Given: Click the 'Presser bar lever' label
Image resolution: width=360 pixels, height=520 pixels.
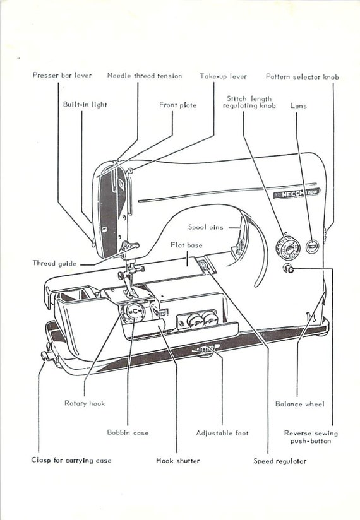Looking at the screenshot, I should [x=62, y=76].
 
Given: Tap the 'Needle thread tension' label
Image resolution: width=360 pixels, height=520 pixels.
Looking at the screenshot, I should [x=144, y=76].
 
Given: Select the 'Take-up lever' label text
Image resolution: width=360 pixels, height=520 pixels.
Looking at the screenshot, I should [x=223, y=76].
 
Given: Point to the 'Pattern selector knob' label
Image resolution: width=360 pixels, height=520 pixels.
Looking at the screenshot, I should [x=302, y=76].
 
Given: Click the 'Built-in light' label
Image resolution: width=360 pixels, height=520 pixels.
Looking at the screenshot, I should [x=85, y=105].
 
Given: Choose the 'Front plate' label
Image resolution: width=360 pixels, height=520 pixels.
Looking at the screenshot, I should [x=177, y=105].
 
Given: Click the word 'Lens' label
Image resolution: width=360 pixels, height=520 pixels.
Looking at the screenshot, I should [x=298, y=106].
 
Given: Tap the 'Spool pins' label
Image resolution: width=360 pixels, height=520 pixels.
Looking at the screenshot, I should [x=205, y=227].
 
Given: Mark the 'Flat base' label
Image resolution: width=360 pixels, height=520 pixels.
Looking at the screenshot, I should [x=186, y=244].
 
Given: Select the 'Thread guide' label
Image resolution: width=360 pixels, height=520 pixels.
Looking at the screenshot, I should [x=54, y=263].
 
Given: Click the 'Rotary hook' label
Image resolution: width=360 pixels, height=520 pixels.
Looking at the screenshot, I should [x=85, y=403].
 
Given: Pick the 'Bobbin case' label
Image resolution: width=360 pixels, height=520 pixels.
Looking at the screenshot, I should [x=128, y=433].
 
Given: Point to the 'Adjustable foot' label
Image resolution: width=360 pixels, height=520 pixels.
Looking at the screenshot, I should [x=222, y=433].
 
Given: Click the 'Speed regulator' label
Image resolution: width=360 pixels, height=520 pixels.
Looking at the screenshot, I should [x=280, y=461].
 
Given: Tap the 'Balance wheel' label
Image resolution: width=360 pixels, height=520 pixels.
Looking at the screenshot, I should [x=299, y=404].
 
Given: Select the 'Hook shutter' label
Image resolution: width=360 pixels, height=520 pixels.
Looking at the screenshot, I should [x=178, y=461].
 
